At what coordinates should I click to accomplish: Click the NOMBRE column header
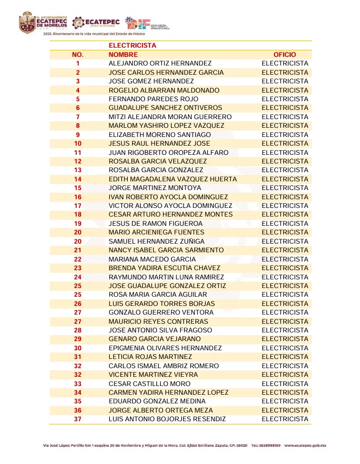pos(123,55)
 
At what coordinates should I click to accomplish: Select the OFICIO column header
pos(285,55)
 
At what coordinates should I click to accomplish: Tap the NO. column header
pos(78,55)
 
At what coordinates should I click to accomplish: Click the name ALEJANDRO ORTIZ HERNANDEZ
pos(160,63)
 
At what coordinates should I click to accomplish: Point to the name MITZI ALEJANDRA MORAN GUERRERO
pos(170,117)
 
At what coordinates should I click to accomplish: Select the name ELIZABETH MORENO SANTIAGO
pos(160,135)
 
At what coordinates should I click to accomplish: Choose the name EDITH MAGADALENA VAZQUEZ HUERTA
pos(173,179)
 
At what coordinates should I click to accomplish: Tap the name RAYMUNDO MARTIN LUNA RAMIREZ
pos(166,277)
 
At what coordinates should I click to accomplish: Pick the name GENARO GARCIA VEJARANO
pos(155,339)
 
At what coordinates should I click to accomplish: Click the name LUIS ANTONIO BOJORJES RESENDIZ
pos(167,419)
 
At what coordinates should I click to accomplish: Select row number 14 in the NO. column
pos(78,179)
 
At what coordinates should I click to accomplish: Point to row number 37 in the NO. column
pos(78,419)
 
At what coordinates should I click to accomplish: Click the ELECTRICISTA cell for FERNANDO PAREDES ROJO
pos(285,99)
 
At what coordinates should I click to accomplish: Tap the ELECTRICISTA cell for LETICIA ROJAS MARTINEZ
pos(285,357)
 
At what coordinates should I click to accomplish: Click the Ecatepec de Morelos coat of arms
pos(27,23)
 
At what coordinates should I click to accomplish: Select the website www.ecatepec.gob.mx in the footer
pos(305,446)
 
